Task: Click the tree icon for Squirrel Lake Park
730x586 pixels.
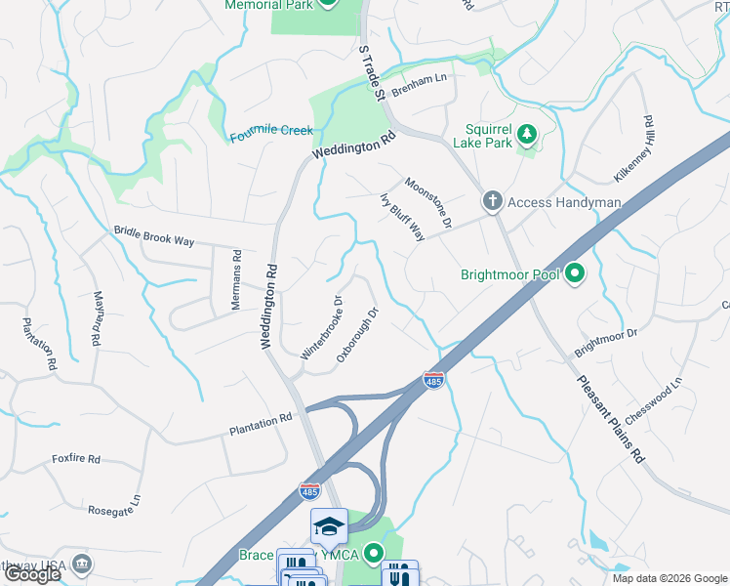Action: point(527,132)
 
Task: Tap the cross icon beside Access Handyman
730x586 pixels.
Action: point(492,202)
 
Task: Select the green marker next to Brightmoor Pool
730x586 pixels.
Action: point(575,274)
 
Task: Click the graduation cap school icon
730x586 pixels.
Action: point(329,527)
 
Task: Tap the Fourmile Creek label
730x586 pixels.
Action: point(271,132)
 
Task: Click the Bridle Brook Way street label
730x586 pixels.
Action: point(154,237)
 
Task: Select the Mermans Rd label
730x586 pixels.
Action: point(236,279)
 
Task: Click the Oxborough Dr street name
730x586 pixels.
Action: point(357,336)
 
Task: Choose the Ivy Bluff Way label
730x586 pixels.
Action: point(401,216)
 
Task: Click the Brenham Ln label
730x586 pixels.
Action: point(419,87)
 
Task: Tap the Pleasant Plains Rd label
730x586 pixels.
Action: point(611,420)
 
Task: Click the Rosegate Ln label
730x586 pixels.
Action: point(114,504)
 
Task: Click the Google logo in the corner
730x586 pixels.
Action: point(31,574)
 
